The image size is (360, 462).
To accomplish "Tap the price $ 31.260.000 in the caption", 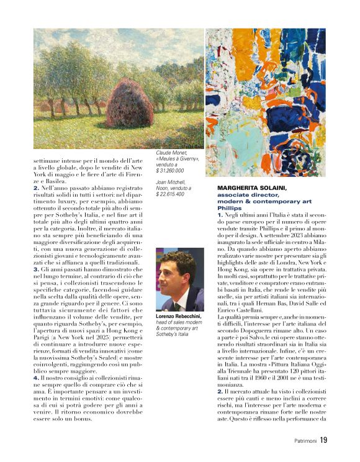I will point(170,170).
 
